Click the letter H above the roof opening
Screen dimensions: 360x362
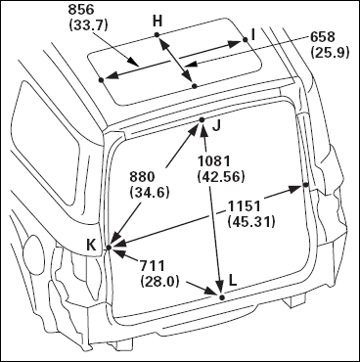(157, 22)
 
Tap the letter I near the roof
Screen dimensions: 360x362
(253, 35)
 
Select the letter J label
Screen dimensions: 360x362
(216, 125)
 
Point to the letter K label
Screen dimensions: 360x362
(91, 245)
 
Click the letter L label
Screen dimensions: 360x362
(233, 280)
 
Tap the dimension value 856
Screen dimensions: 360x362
(81, 10)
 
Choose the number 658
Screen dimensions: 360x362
(322, 37)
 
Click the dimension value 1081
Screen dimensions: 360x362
(214, 161)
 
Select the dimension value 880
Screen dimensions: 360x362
(142, 177)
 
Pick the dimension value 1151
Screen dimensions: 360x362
(245, 206)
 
